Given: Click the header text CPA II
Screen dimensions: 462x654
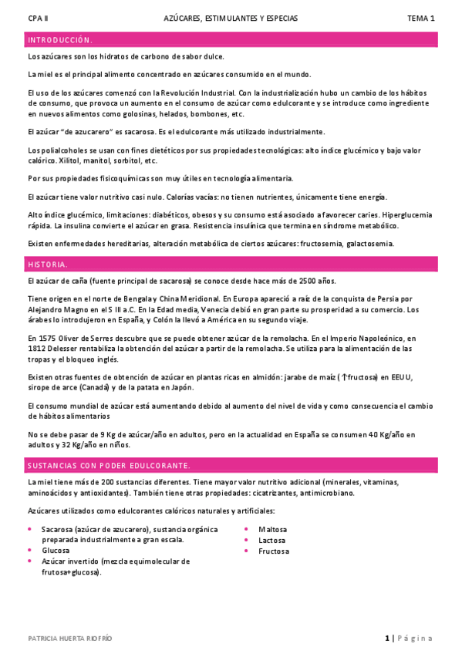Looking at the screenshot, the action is coord(36,18).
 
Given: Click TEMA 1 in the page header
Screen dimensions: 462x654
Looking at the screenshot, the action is coord(421,18).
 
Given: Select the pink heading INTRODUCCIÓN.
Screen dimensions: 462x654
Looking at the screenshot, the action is coord(60,40).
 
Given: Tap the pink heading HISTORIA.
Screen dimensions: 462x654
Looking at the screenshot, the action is coord(48,265).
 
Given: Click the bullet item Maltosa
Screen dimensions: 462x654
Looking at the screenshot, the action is coord(273,530).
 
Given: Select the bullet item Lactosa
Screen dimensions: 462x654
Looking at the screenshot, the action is coord(272,541).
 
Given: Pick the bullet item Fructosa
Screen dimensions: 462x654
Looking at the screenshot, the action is coord(274,551).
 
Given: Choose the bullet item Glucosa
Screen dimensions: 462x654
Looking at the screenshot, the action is coord(56,551).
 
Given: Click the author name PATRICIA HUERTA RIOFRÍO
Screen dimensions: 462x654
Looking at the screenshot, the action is coord(69,639).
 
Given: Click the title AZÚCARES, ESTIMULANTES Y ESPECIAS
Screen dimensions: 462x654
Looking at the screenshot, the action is coord(231,18).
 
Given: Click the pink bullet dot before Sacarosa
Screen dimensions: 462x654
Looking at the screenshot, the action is coord(29,530).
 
